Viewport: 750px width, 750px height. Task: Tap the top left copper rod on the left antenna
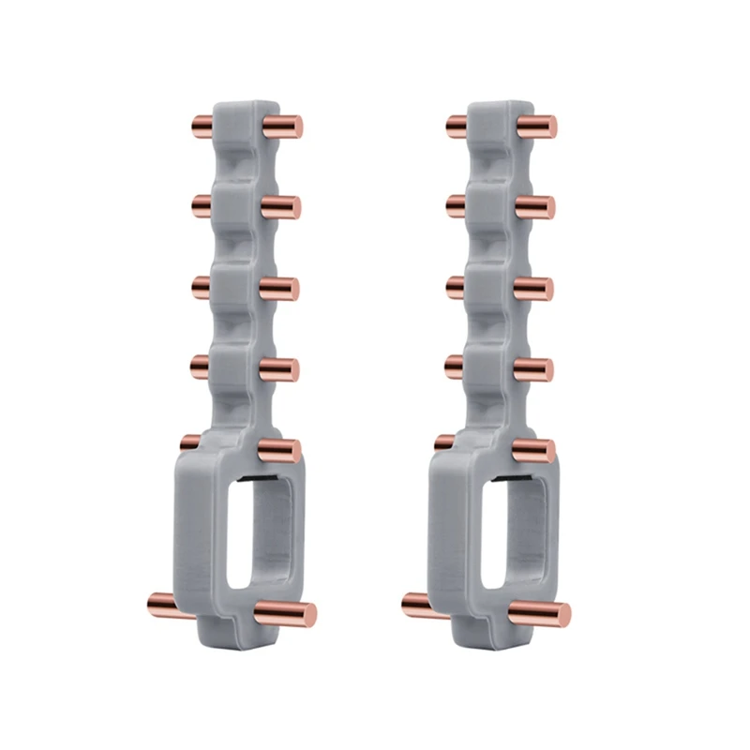(x=202, y=125)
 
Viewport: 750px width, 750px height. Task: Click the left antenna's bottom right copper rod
(x=286, y=614)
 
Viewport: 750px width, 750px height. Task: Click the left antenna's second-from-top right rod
(x=280, y=206)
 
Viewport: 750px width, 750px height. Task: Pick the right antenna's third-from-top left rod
(x=457, y=283)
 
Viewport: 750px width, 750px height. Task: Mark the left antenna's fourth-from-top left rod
(x=202, y=363)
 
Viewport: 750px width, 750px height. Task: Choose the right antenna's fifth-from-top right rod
(x=533, y=449)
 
